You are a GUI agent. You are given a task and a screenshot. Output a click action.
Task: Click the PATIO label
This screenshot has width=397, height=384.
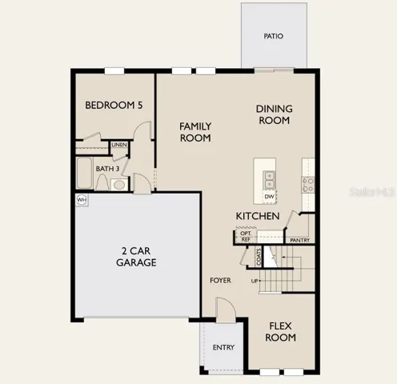click(273, 36)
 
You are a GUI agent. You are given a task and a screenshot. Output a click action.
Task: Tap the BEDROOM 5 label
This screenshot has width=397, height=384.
click(114, 105)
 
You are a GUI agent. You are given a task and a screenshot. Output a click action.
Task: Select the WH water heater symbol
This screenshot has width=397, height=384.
click(82, 200)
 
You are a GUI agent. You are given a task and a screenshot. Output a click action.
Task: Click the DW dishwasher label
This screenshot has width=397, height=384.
click(269, 197)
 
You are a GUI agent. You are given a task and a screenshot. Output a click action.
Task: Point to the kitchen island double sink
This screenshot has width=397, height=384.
click(269, 180)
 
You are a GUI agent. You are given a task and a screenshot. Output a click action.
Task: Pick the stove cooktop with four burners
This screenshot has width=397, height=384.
click(308, 185)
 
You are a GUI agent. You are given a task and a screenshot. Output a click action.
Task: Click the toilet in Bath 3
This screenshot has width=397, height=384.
click(102, 182)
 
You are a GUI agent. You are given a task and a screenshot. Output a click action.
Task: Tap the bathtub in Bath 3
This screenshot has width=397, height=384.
click(84, 173)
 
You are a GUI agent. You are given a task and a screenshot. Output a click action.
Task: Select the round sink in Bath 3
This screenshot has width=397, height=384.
click(119, 185)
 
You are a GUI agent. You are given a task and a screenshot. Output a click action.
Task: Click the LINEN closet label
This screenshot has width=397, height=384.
click(119, 145)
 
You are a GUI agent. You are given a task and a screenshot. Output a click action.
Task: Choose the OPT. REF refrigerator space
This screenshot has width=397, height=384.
click(246, 236)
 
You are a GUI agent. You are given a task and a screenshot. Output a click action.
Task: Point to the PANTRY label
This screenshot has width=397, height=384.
click(300, 240)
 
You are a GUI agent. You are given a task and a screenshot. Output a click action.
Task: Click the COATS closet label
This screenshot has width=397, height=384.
click(259, 257)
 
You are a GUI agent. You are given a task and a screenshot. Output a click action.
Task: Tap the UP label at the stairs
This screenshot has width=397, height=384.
click(255, 281)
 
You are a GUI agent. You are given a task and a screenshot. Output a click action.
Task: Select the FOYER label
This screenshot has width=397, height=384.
click(220, 280)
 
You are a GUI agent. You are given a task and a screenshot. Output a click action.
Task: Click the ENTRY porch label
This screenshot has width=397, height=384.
click(223, 347)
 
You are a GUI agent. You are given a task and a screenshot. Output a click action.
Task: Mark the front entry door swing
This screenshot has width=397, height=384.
click(226, 310)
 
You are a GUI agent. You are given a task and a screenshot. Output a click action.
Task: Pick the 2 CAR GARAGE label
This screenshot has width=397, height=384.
click(136, 257)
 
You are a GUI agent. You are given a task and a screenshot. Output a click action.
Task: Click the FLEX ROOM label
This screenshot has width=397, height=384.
click(280, 332)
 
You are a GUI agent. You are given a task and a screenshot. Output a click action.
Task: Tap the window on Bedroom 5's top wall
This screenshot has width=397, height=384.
click(114, 71)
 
